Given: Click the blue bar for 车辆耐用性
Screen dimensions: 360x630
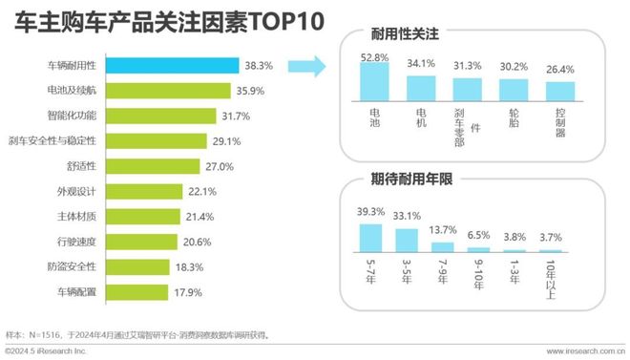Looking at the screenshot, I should [x=172, y=66].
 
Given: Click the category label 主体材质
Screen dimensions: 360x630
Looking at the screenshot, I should [x=78, y=216].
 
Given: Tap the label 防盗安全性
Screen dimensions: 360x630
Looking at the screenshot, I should [x=74, y=265].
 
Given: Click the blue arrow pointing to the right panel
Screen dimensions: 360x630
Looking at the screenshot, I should [x=304, y=67].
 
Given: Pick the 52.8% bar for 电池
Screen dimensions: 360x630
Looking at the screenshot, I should [x=372, y=84].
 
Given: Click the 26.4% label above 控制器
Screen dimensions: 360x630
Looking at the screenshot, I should [x=560, y=70].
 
